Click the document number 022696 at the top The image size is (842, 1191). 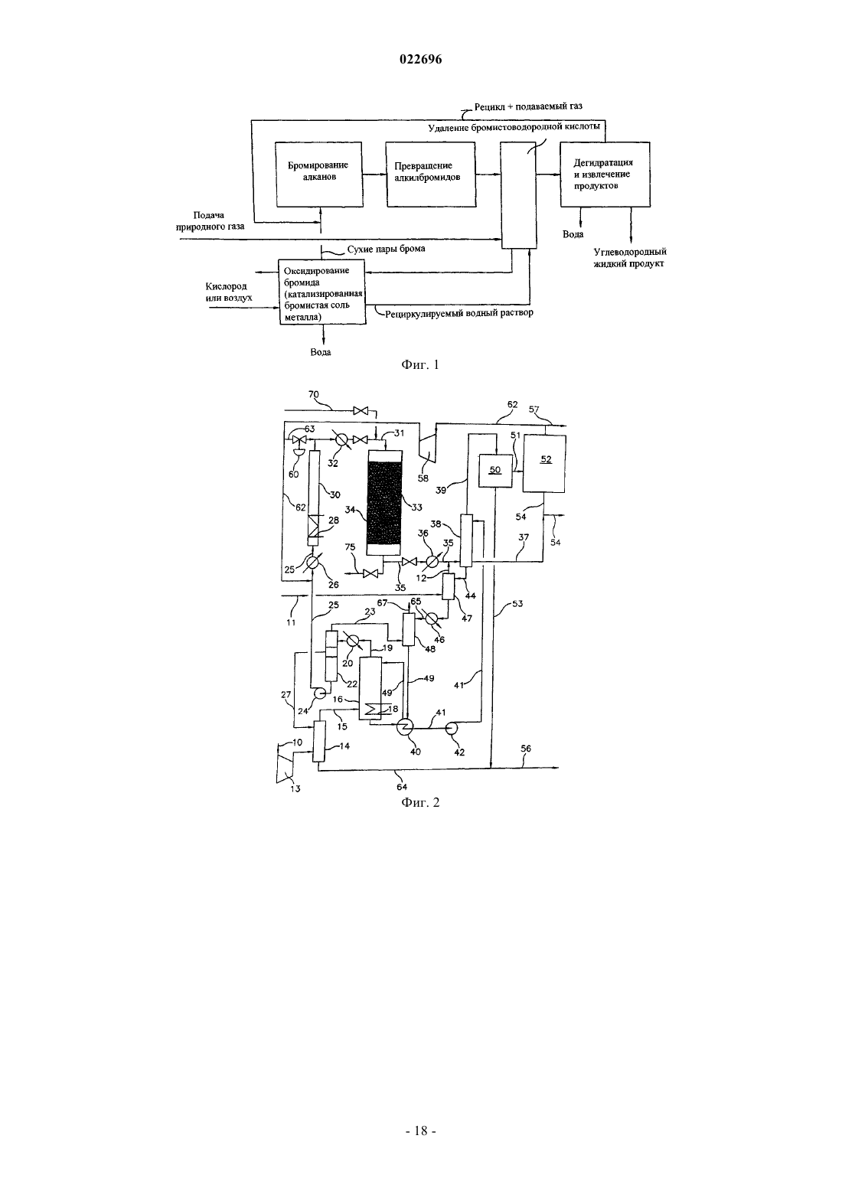click(x=420, y=59)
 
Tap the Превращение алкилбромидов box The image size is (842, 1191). click(x=430, y=174)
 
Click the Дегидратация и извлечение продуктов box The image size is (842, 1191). click(x=605, y=174)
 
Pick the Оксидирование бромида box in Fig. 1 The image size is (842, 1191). click(x=323, y=292)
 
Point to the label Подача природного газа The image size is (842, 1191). click(x=210, y=220)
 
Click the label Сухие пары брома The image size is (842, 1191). click(x=386, y=249)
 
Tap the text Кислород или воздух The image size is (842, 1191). click(x=229, y=292)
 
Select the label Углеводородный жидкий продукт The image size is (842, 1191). click(x=630, y=258)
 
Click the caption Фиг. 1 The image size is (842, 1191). click(x=420, y=365)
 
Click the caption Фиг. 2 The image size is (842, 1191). click(x=420, y=802)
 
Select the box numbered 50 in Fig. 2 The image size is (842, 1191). click(x=495, y=470)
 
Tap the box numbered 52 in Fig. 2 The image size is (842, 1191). click(x=544, y=463)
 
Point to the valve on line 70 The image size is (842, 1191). click(x=361, y=410)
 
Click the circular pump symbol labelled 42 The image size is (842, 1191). click(x=453, y=727)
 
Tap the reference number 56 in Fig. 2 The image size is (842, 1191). click(x=526, y=749)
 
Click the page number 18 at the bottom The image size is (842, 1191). click(x=420, y=1131)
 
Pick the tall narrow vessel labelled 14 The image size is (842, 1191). click(x=319, y=741)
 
